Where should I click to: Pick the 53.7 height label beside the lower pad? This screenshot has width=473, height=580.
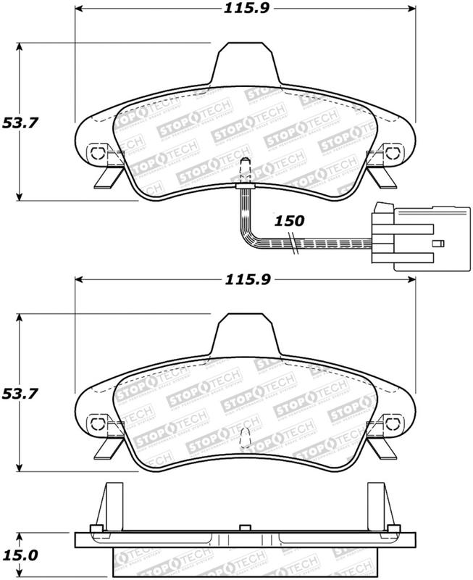[21, 394]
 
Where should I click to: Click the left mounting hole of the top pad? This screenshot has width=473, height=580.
[96, 153]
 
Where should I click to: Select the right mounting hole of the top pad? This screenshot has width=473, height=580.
[392, 153]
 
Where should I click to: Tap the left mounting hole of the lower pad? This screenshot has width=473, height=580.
[96, 423]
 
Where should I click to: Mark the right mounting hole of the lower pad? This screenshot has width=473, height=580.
[392, 423]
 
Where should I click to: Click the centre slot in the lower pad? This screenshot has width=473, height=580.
[245, 438]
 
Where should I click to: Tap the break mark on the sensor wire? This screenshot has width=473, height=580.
[293, 244]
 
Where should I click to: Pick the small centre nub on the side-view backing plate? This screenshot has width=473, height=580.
[245, 527]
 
